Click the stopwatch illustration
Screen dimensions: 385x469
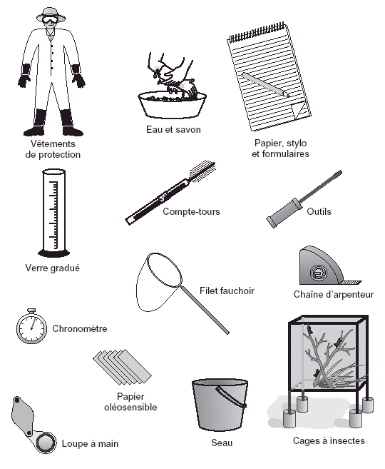pos(31,327)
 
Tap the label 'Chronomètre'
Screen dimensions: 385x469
pos(79,328)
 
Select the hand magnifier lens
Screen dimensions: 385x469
pos(46,442)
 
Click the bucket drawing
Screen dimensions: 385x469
pos(220,405)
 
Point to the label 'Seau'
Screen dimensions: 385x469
pos(222,443)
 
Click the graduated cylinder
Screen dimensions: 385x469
pos(54,213)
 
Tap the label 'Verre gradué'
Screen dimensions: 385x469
pos(53,268)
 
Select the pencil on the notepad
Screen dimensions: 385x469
pos(265,85)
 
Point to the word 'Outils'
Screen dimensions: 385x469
pos(319,211)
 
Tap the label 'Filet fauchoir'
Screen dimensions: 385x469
pos(227,291)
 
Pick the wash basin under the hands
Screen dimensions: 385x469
pos(172,105)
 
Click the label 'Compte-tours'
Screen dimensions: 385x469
pos(192,211)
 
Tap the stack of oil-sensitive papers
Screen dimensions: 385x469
pos(122,367)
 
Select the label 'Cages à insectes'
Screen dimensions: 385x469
pos(329,440)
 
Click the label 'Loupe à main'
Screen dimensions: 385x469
pos(90,443)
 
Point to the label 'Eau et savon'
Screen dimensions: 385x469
pos(173,129)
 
